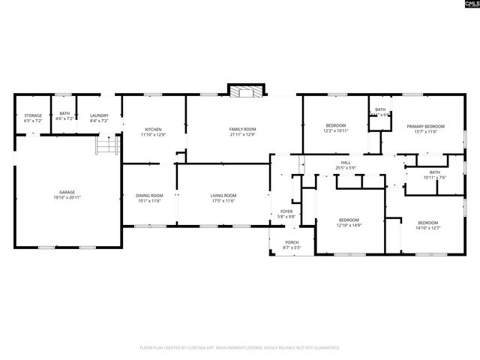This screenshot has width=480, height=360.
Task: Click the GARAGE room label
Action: click(x=67, y=192)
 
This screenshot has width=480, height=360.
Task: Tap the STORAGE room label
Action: click(x=32, y=115)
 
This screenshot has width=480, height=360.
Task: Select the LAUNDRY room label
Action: click(x=99, y=115)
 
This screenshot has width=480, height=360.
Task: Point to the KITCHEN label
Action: click(x=153, y=129)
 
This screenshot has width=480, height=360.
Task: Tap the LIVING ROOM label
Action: click(x=223, y=196)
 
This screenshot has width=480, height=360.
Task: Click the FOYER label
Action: click(x=286, y=211)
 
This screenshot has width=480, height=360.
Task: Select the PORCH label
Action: click(x=292, y=242)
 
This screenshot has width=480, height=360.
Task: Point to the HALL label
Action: click(x=346, y=162)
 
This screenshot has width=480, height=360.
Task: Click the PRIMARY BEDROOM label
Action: click(x=425, y=127)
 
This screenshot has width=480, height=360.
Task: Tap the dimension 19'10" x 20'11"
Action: click(x=67, y=197)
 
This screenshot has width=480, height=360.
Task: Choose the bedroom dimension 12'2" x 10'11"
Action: click(x=335, y=130)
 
